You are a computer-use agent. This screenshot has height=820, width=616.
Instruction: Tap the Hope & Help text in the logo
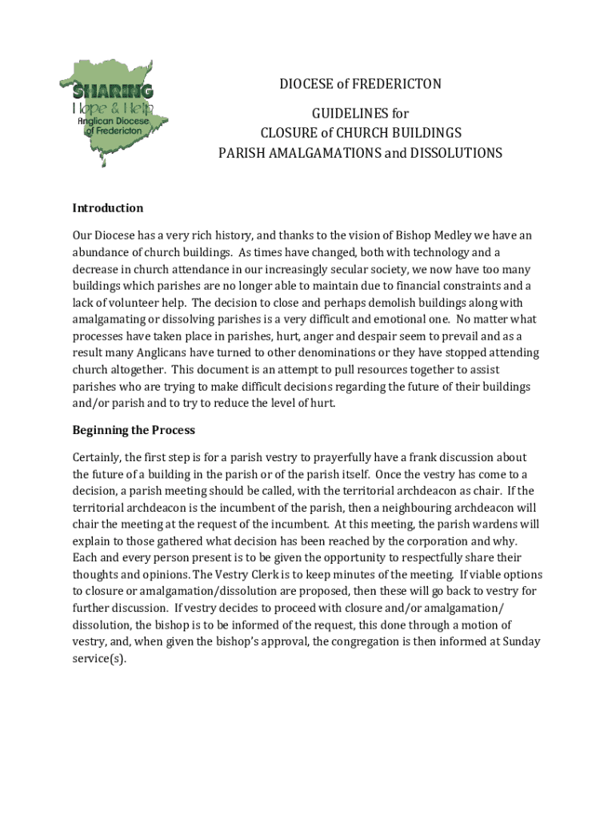[113, 107]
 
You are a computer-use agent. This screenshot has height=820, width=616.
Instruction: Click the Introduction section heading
[108, 208]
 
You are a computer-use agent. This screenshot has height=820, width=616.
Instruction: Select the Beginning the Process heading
[134, 430]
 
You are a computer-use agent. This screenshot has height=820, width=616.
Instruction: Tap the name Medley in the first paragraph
[452, 235]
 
